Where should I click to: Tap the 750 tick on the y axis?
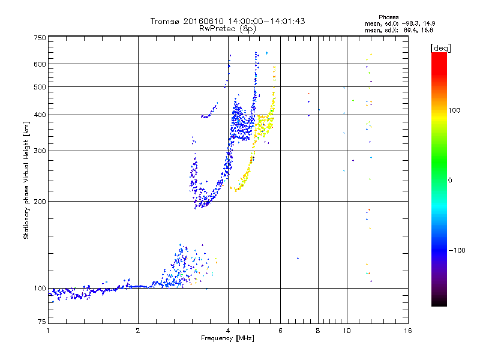40,37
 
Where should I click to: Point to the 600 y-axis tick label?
40,64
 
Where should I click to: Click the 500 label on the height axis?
40,86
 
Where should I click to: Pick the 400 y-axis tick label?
40,115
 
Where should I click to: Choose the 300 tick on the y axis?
40,151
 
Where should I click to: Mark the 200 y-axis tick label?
40,201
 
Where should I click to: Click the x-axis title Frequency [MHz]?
228,339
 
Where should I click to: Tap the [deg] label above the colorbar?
441,47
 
